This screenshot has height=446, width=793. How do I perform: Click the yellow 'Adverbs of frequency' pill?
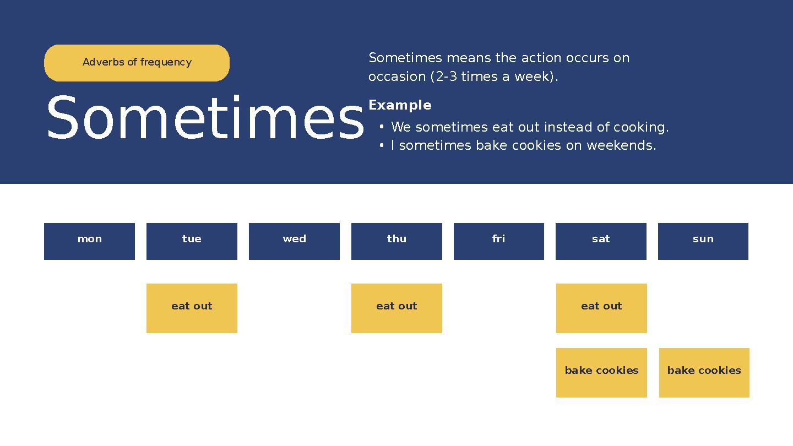coord(137,63)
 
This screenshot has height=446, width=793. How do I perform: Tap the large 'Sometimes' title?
coord(205,119)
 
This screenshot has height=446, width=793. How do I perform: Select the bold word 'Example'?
coord(400,105)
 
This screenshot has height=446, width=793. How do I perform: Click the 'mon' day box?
coord(89,241)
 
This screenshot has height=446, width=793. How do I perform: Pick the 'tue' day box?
coord(192,241)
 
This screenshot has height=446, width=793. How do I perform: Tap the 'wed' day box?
coord(294,241)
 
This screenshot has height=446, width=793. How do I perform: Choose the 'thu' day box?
coord(397,241)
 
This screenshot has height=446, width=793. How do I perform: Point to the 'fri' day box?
coord(498,241)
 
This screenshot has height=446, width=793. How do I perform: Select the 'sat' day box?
coord(601,241)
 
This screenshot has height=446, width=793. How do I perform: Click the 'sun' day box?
coord(703,241)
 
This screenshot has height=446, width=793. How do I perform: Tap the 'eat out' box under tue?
coord(192,308)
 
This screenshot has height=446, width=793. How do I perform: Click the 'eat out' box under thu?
coord(397,308)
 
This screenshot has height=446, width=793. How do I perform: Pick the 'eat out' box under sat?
coord(601,308)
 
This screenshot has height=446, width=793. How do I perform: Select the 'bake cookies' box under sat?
coord(601,372)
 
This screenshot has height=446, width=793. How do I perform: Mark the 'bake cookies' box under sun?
coord(704,372)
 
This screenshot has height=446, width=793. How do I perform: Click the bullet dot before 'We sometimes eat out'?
coord(382,127)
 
